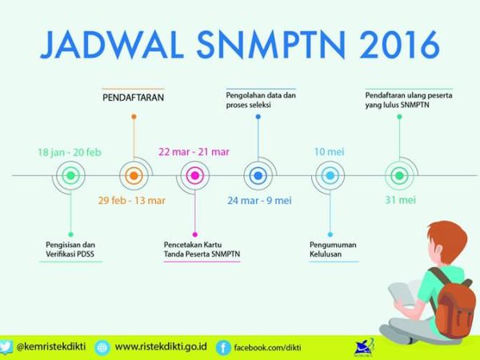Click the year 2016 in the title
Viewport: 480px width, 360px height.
click(400, 44)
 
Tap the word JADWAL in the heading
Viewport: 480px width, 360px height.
click(112, 44)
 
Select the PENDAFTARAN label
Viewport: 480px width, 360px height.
click(133, 98)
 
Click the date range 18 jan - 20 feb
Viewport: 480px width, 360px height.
click(70, 152)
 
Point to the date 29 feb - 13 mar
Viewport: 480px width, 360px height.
click(132, 201)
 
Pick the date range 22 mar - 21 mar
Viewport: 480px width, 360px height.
click(194, 152)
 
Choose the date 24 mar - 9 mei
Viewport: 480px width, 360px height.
click(259, 201)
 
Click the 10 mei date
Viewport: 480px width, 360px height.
click(330, 152)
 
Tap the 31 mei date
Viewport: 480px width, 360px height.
click(401, 200)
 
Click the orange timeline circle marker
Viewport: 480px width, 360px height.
click(134, 176)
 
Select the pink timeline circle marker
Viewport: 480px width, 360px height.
click(195, 176)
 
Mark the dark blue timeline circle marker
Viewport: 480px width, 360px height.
click(258, 176)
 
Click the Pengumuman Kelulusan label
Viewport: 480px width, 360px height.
click(333, 249)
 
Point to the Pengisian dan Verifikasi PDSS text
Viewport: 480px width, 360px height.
click(70, 249)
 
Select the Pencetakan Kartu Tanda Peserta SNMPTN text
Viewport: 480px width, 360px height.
click(202, 249)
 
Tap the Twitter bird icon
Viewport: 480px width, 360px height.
click(6, 347)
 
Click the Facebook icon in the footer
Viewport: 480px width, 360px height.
click(223, 348)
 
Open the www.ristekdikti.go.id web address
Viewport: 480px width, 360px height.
click(161, 347)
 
